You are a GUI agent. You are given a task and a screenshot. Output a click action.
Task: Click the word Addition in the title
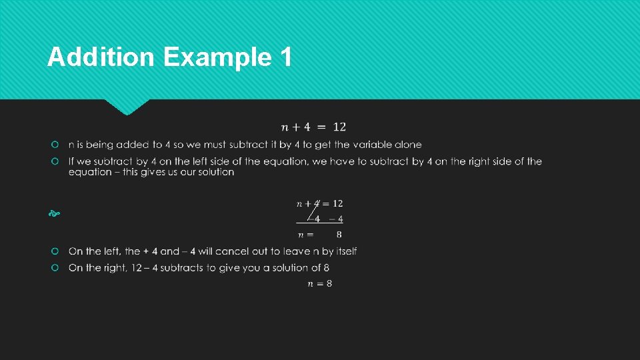(100, 57)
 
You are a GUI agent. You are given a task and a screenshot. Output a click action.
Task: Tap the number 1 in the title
(285, 57)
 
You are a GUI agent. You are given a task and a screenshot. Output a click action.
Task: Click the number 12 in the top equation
(339, 127)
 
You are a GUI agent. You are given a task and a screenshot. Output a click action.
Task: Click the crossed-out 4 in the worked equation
(317, 203)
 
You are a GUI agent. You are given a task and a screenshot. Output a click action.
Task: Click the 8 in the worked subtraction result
(339, 235)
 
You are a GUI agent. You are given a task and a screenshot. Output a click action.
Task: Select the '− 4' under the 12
(336, 219)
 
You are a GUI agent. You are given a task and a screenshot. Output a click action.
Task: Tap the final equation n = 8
(319, 284)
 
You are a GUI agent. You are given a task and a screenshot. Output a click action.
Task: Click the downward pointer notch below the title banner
(127, 107)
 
